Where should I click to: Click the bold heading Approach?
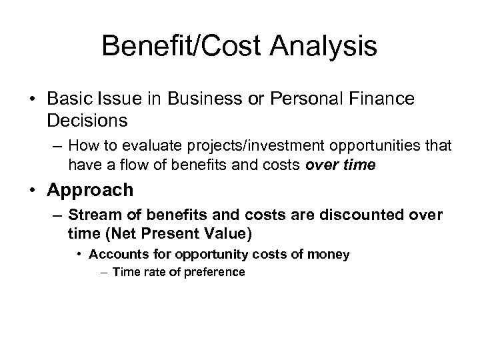tap(91, 190)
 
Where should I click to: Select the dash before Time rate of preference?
tap(105, 271)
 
